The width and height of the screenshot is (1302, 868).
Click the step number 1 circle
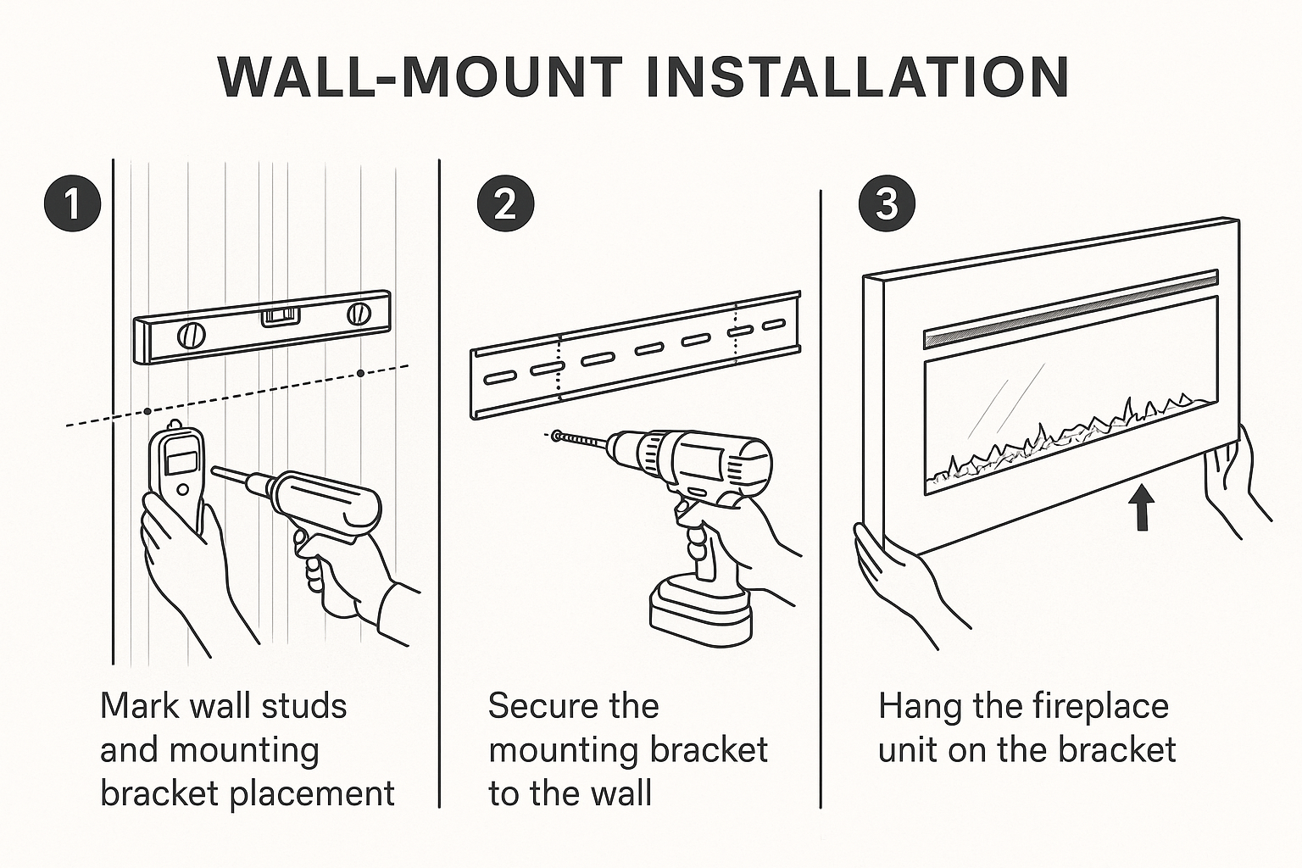coord(72,204)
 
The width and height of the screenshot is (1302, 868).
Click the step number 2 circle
coord(505,204)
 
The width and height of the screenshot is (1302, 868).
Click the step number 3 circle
coord(887,204)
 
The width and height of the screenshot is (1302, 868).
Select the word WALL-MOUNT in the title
coord(420,78)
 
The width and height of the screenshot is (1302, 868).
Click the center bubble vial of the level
coord(280,317)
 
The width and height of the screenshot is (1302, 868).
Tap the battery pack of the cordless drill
coord(701,609)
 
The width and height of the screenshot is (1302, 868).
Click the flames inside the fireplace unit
coord(1068,441)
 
